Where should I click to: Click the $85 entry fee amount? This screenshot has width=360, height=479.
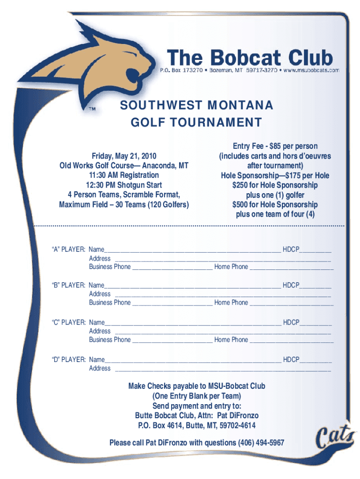(x=271, y=146)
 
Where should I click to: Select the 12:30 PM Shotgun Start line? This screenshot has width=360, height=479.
(x=124, y=185)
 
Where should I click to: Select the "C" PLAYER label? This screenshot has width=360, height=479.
(x=68, y=322)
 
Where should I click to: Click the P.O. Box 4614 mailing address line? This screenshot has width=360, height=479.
(x=197, y=425)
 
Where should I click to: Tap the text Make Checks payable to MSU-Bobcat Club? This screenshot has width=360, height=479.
(x=197, y=386)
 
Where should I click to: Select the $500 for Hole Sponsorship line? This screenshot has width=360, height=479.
(x=275, y=204)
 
